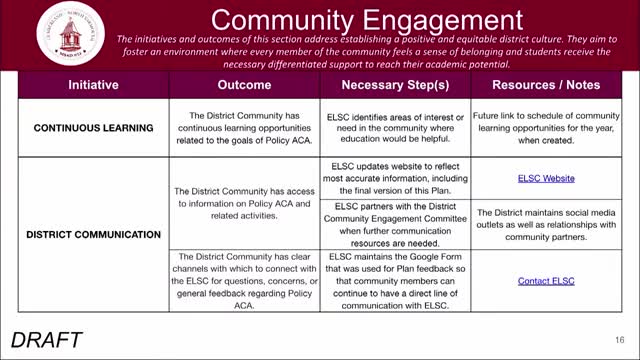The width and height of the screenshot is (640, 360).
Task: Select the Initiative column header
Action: coord(93,86)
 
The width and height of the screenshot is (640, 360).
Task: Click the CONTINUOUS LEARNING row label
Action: coord(93,129)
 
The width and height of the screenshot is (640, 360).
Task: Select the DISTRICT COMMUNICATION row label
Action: coord(93,235)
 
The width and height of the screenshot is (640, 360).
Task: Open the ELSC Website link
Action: coord(546,179)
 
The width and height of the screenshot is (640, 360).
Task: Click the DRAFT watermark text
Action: coord(48,339)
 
